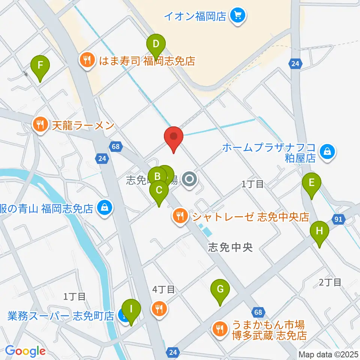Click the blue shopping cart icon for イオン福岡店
(x=238, y=16)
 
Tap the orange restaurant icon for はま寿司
(x=87, y=60)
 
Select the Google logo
(x=25, y=351)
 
